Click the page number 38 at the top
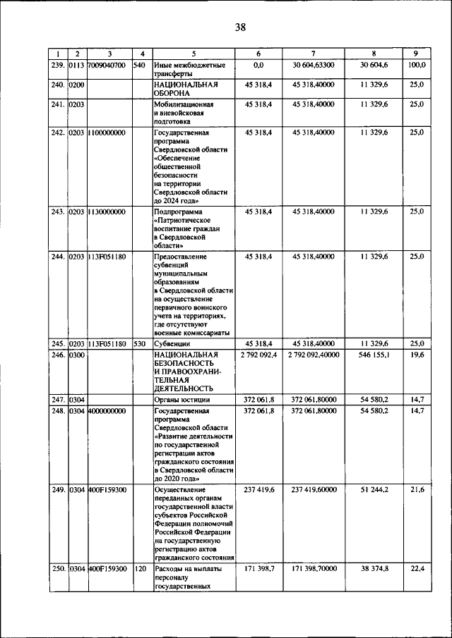pos(240,27)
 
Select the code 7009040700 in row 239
pos(107,65)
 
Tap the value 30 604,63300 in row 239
pos(313,65)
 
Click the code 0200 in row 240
pos(76,85)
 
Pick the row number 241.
pos(58,104)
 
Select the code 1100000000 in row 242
pos(107,132)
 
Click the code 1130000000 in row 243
pos(107,211)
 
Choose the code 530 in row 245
pos(139,344)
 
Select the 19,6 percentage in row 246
pos(417,355)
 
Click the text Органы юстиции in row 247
pos(182,400)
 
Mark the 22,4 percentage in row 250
pos(417,568)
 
